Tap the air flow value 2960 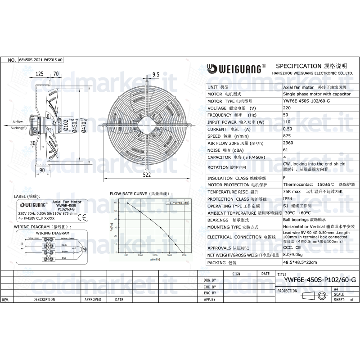click(289, 143)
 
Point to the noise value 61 click(285, 150)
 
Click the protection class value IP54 click(288, 198)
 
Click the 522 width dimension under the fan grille click(147, 175)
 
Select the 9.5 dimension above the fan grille click(156, 74)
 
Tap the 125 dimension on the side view click(39, 73)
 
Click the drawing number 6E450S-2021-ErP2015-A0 click(41, 59)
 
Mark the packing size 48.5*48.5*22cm click(300, 262)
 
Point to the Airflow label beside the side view click(17, 122)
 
